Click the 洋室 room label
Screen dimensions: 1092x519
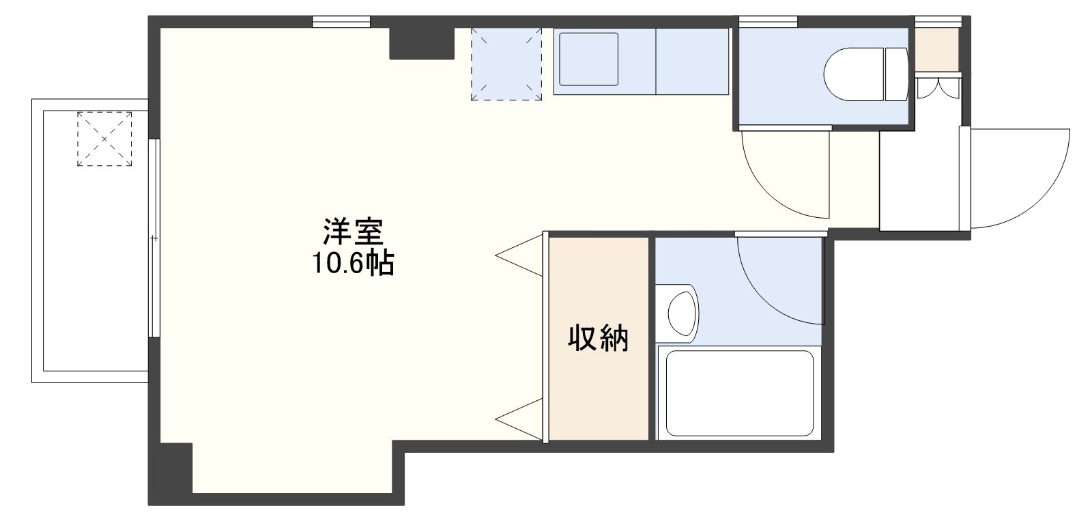point(353,232)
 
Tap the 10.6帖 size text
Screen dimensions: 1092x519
point(353,264)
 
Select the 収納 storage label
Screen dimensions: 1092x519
point(598,337)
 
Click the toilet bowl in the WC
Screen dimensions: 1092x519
point(854,74)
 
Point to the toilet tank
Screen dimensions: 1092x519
point(897,74)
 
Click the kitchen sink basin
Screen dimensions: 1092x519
point(588,59)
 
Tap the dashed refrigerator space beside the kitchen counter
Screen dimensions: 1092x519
point(506,64)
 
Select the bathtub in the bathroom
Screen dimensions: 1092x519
point(740,393)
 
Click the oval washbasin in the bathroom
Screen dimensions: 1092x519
point(681,311)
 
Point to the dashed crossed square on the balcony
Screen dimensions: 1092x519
point(104,139)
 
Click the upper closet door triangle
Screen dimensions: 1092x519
point(519,255)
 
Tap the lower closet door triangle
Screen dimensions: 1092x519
point(519,420)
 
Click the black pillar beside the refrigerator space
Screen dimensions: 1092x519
point(422,44)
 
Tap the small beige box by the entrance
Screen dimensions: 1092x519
point(936,50)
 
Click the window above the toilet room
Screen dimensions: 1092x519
point(768,21)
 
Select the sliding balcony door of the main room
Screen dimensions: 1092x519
point(154,238)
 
